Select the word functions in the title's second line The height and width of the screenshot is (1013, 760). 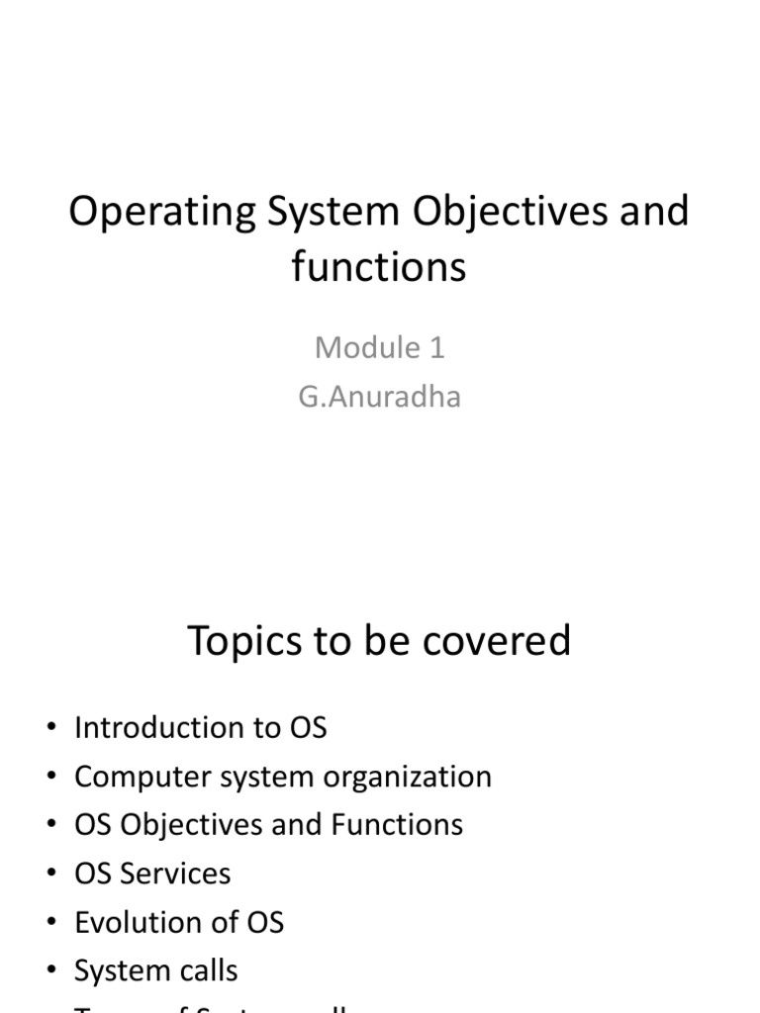point(379,267)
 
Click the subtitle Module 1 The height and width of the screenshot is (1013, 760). point(379,347)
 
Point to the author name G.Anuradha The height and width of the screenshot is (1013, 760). point(379,397)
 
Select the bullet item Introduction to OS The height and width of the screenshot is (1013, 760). point(200,728)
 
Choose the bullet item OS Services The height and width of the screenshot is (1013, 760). point(151,874)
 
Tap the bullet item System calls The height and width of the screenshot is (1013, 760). point(155,970)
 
